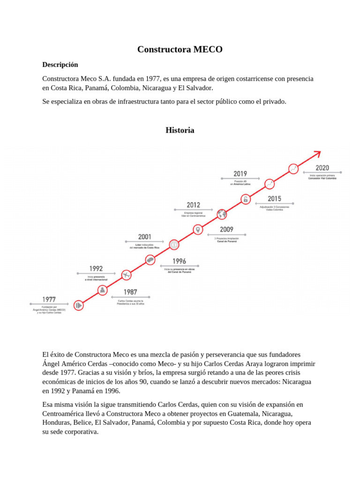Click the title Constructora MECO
[180, 49]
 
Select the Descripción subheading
[60, 65]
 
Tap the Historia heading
[180, 130]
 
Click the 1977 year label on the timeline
[49, 299]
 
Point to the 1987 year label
[130, 292]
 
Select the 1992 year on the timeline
[96, 269]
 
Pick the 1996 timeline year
[179, 261]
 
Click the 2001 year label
[144, 237]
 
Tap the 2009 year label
[227, 230]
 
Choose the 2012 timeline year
[193, 205]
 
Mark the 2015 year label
[274, 199]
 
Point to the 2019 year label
[240, 174]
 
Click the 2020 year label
[322, 168]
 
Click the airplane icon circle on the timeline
[126, 275]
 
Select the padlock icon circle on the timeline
[245, 199]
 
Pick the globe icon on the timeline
[222, 214]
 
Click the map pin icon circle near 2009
[198, 229]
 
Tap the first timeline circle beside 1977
[79, 305]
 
